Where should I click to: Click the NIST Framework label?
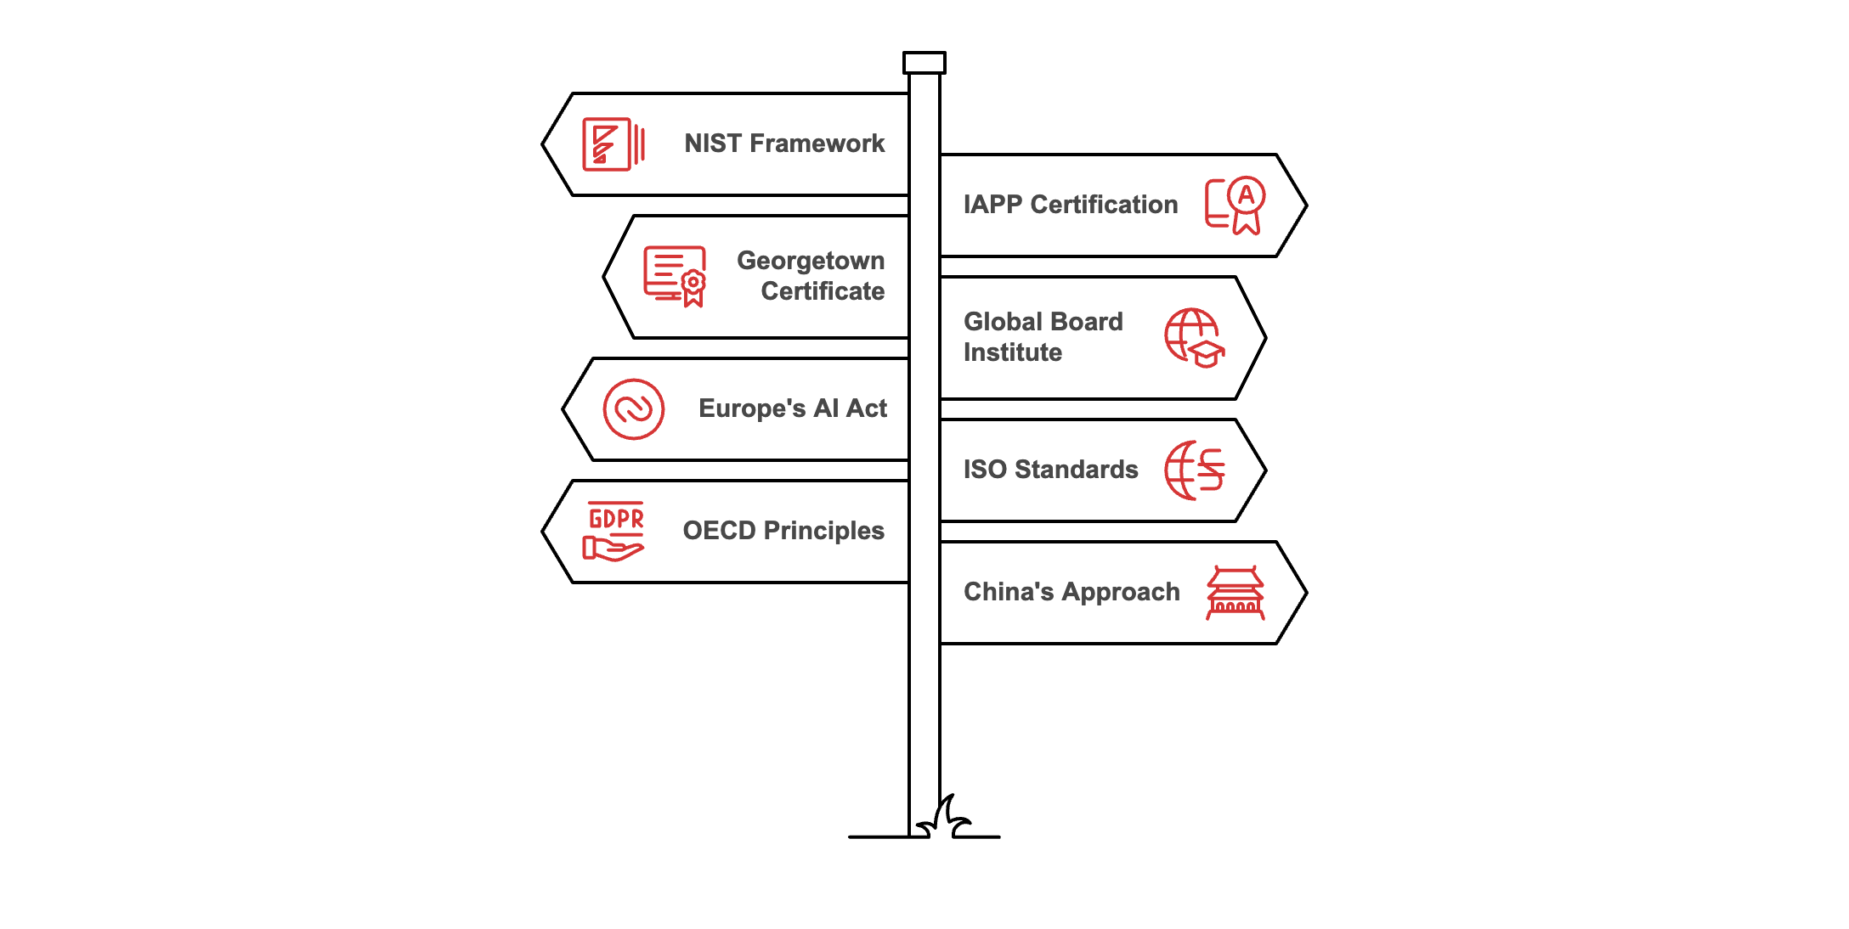(784, 144)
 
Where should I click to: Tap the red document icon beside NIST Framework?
(613, 144)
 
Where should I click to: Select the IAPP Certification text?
(1071, 205)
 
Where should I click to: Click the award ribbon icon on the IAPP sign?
(1236, 206)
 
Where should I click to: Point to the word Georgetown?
(811, 261)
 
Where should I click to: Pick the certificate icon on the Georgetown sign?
(676, 276)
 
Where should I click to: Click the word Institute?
(1013, 352)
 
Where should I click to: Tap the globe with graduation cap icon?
(1194, 337)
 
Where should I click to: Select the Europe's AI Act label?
(792, 408)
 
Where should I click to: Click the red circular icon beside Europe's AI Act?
(633, 409)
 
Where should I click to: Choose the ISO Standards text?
(1050, 470)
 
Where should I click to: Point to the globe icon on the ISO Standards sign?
(1194, 470)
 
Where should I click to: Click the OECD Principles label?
(783, 531)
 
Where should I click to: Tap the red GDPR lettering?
(616, 518)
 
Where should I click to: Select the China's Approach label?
(1072, 592)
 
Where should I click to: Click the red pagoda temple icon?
(1235, 593)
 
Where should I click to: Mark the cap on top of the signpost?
(924, 63)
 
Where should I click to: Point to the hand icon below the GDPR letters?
(613, 549)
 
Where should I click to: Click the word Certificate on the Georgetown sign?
(823, 291)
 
